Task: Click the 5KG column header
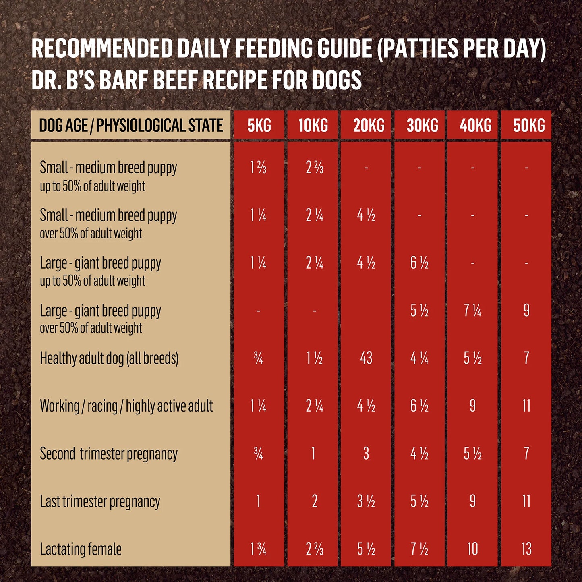[x=259, y=126]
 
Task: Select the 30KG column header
[x=422, y=126]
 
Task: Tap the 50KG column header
[x=529, y=126]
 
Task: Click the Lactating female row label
[x=81, y=549]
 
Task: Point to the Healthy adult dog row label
[x=109, y=358]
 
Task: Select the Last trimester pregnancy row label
[x=100, y=501]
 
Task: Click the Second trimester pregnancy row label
[x=109, y=454]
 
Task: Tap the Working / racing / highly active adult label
[x=126, y=406]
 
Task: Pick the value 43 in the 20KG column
[x=366, y=358]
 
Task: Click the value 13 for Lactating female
[x=526, y=549]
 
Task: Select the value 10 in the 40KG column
[x=472, y=549]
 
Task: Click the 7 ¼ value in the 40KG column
[x=472, y=311]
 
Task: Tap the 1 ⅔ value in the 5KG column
[x=258, y=168]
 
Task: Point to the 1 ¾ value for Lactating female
[x=258, y=549]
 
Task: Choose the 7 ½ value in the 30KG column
[x=419, y=549]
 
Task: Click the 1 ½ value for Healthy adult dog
[x=314, y=358]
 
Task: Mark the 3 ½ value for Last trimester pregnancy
[x=366, y=501]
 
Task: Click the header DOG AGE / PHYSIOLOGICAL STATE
[x=131, y=126]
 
